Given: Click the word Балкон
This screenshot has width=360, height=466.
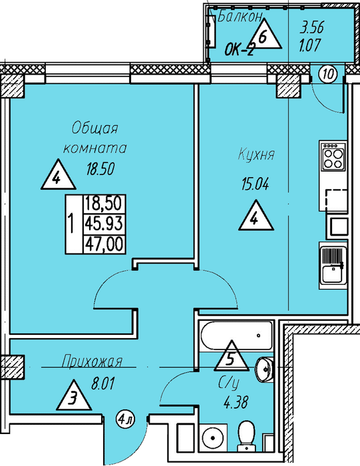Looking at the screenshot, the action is pos(240,17).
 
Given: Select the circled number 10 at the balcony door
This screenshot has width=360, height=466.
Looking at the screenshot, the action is pos(328,74).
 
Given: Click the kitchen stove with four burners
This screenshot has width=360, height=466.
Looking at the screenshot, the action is pos(333,156).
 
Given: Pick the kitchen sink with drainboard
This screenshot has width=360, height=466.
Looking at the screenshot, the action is pos(333,265).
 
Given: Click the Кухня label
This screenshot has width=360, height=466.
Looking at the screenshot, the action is pos(256,155).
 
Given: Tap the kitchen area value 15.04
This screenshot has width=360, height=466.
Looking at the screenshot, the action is pos(255,184).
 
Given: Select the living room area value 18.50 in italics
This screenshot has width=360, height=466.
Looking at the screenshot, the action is pos(100,169).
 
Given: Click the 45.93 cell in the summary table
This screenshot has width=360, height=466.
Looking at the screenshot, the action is pos(104,224).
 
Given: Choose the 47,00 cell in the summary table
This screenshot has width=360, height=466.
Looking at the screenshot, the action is pos(104,244).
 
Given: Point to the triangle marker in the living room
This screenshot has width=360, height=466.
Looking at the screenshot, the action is pos(58,175).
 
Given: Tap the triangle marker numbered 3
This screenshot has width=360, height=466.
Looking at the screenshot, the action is pos(73,397).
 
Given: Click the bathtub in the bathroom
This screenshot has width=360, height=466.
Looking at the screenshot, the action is pos(236,336).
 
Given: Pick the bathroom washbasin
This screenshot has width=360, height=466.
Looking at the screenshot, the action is pos(264,369).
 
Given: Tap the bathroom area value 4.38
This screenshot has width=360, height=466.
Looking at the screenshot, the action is pos(236,403).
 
